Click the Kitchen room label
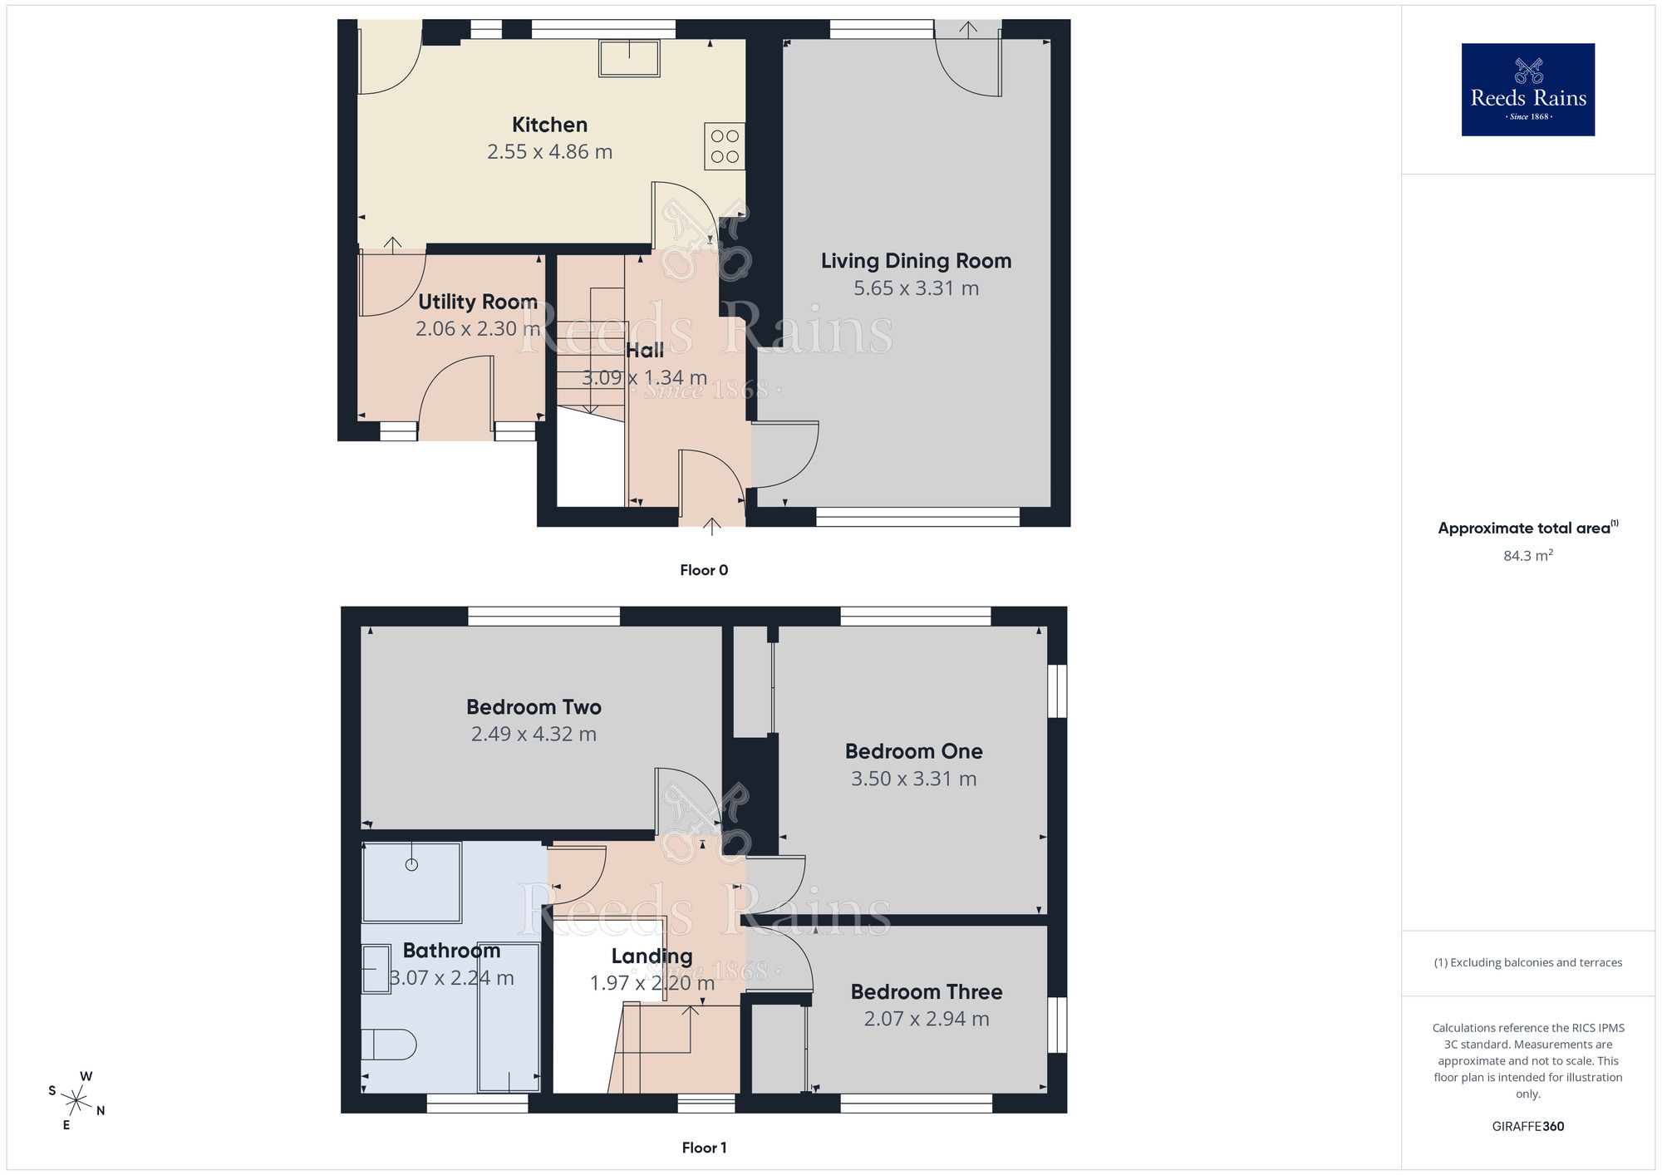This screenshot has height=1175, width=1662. (549, 125)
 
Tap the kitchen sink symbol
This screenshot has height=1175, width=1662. (629, 59)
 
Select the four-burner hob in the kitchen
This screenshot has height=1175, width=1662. (725, 146)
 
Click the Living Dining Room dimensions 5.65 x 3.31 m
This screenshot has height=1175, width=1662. (916, 288)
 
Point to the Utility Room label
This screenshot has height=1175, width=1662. (477, 302)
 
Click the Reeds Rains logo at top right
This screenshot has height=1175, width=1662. (1527, 90)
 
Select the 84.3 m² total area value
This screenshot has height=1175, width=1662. (1527, 556)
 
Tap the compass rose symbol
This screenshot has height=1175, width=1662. (76, 1101)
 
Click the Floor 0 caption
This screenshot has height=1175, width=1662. (704, 570)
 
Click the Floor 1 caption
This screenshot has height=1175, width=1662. (704, 1148)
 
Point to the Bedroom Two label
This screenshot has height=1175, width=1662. (534, 707)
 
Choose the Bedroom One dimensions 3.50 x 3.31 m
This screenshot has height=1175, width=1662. (913, 779)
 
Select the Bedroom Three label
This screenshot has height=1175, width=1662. (926, 991)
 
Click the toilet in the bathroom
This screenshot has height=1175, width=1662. (389, 1045)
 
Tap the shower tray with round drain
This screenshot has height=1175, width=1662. (411, 882)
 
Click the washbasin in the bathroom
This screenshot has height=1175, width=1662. (377, 968)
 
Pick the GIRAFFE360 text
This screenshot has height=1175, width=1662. (1527, 1127)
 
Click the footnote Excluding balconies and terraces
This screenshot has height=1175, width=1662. (1527, 962)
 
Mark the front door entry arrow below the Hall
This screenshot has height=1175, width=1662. (712, 524)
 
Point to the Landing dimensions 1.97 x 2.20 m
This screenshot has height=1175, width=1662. (652, 983)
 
